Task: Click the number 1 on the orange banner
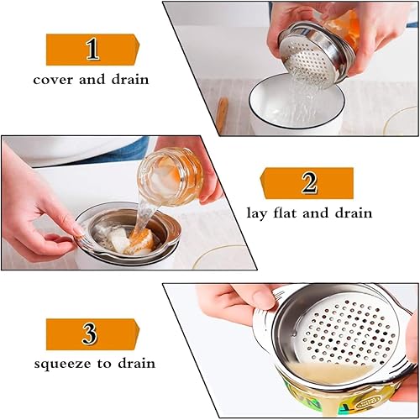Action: pyautogui.click(x=92, y=50)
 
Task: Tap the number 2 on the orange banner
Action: pyautogui.click(x=309, y=183)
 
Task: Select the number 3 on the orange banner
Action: pyautogui.click(x=90, y=333)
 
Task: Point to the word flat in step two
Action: pyautogui.click(x=285, y=213)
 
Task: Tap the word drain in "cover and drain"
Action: pyautogui.click(x=130, y=79)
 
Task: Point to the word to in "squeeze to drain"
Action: pyautogui.click(x=105, y=364)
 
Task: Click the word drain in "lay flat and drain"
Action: pyautogui.click(x=354, y=213)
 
